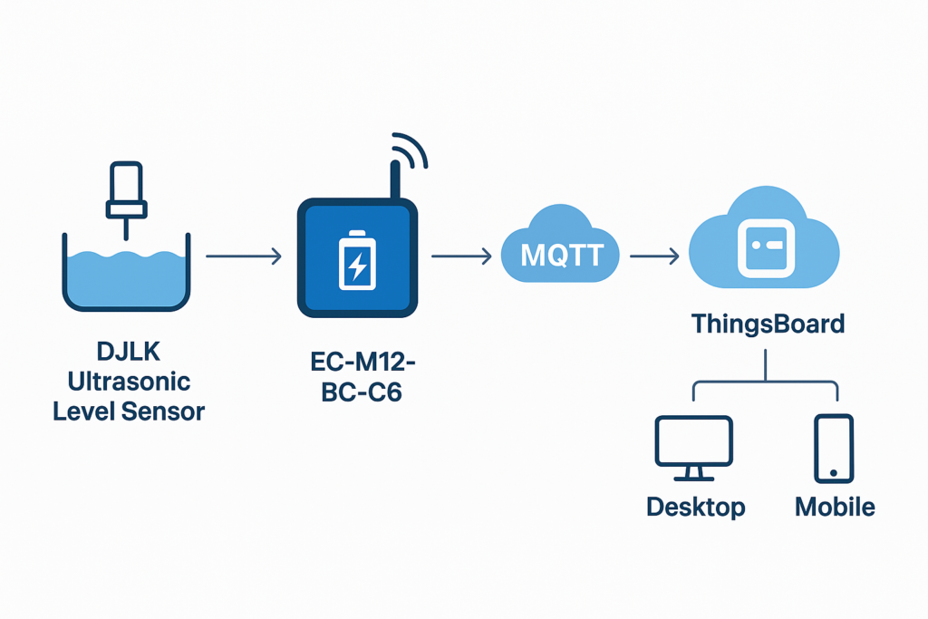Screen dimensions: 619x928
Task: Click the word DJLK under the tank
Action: click(x=127, y=350)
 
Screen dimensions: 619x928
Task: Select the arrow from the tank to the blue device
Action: click(x=243, y=257)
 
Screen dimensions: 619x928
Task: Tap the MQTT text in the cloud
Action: click(x=561, y=255)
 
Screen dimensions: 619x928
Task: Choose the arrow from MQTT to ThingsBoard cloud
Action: click(x=654, y=257)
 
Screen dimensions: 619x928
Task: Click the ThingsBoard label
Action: click(x=768, y=324)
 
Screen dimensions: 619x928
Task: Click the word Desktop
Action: click(x=696, y=507)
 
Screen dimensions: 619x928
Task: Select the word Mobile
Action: click(x=835, y=507)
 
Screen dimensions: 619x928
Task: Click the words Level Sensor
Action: click(x=129, y=411)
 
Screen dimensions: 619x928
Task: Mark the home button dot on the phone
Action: click(x=834, y=472)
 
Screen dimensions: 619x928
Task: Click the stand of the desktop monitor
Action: click(x=693, y=473)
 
